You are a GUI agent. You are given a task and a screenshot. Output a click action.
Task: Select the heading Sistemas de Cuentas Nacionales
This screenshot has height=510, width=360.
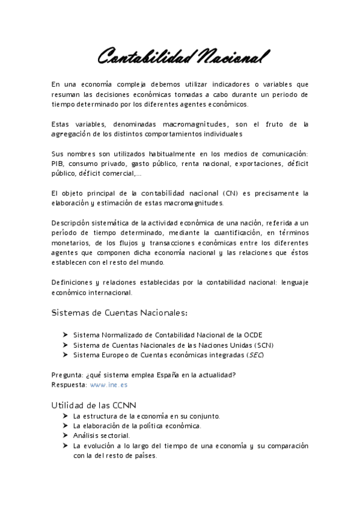(x=120, y=313)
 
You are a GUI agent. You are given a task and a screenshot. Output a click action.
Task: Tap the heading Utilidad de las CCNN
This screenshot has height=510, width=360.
(x=97, y=405)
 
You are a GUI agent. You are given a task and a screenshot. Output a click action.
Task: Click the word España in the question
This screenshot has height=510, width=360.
(x=169, y=375)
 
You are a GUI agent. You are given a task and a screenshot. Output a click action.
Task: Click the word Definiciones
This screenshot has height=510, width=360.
(x=74, y=283)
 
